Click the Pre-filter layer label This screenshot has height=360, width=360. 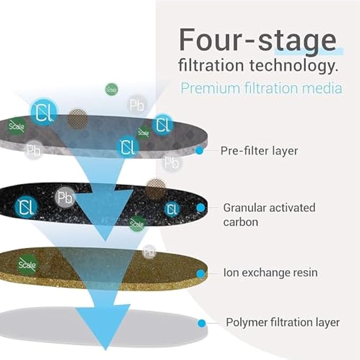tap(259, 151)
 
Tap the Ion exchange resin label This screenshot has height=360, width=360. tap(270, 273)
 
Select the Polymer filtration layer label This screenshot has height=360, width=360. tap(283, 322)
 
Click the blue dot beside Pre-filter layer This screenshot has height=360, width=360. tap(200, 151)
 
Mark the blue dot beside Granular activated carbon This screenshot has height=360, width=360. tap(201, 208)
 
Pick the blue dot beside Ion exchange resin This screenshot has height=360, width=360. tap(201, 274)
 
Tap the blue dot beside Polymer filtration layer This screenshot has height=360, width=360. tap(201, 323)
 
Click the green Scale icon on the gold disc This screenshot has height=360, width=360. tap(27, 263)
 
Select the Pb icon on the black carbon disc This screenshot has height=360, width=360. tap(65, 198)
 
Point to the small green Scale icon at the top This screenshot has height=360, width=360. tap(112, 89)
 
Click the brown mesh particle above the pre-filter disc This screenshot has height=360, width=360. tap(77, 118)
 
